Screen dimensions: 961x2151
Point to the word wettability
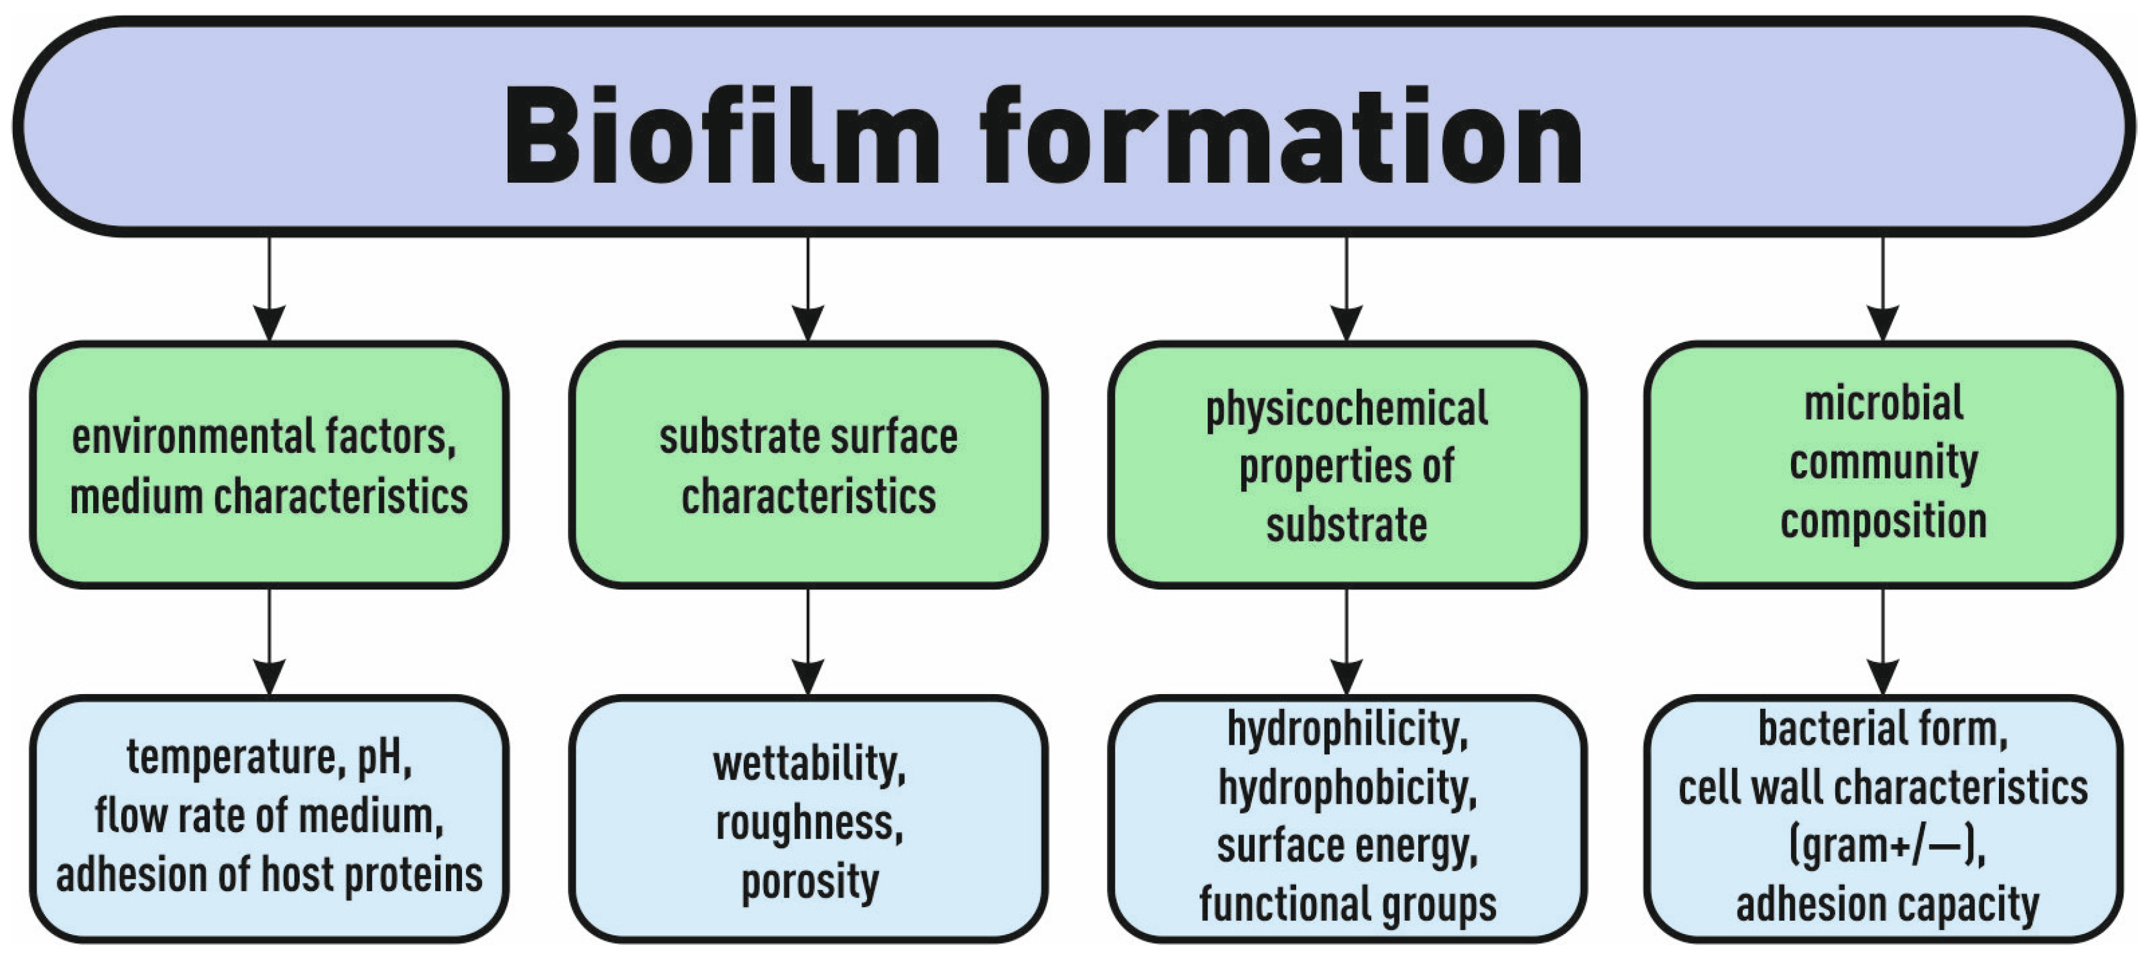[809, 764]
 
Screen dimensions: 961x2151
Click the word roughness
[809, 823]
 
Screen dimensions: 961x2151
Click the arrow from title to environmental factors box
[269, 288]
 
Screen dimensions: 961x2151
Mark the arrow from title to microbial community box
[1882, 288]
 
